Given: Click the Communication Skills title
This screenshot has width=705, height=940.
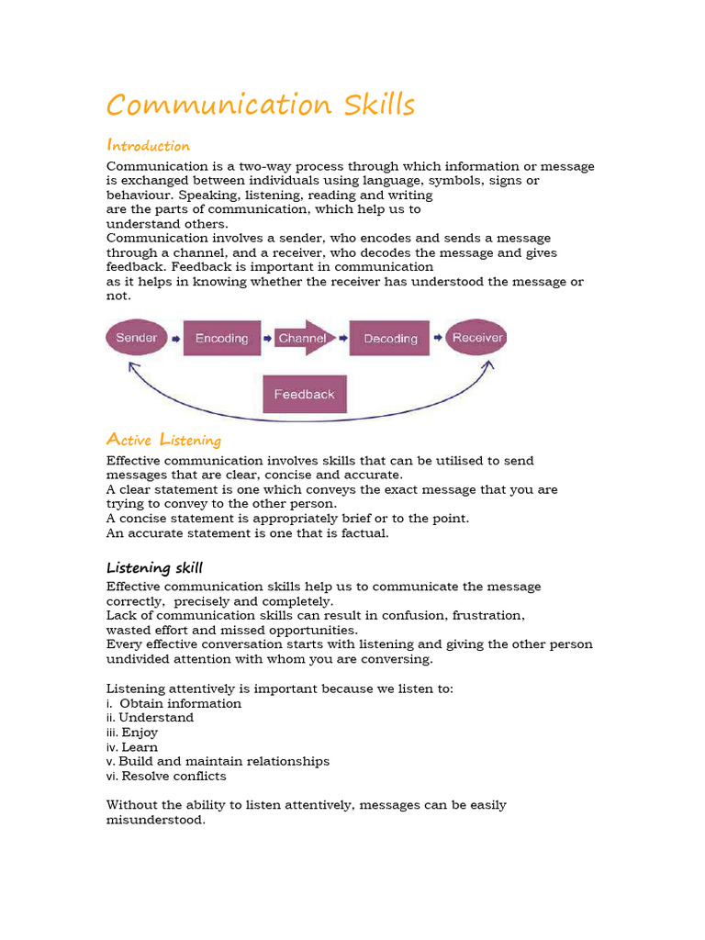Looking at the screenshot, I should (x=261, y=105).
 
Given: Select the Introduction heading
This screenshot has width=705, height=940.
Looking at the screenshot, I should (x=149, y=145).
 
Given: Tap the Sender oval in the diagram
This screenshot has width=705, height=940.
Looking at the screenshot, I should (x=137, y=338).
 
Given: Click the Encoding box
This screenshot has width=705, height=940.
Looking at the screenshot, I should (x=221, y=339).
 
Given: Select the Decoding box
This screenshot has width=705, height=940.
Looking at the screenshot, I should (x=390, y=339).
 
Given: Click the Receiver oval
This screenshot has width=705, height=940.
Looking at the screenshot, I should (x=477, y=338).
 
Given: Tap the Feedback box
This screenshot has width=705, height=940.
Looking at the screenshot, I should (x=305, y=394).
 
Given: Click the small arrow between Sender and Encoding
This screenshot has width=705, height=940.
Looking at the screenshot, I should (x=174, y=338).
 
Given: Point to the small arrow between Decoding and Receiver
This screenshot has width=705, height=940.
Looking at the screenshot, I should (x=438, y=338).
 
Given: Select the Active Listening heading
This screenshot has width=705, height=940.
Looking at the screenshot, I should (x=164, y=440).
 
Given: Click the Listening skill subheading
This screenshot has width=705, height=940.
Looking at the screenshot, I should (x=154, y=567).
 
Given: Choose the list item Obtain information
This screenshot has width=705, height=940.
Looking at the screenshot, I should (x=180, y=703).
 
